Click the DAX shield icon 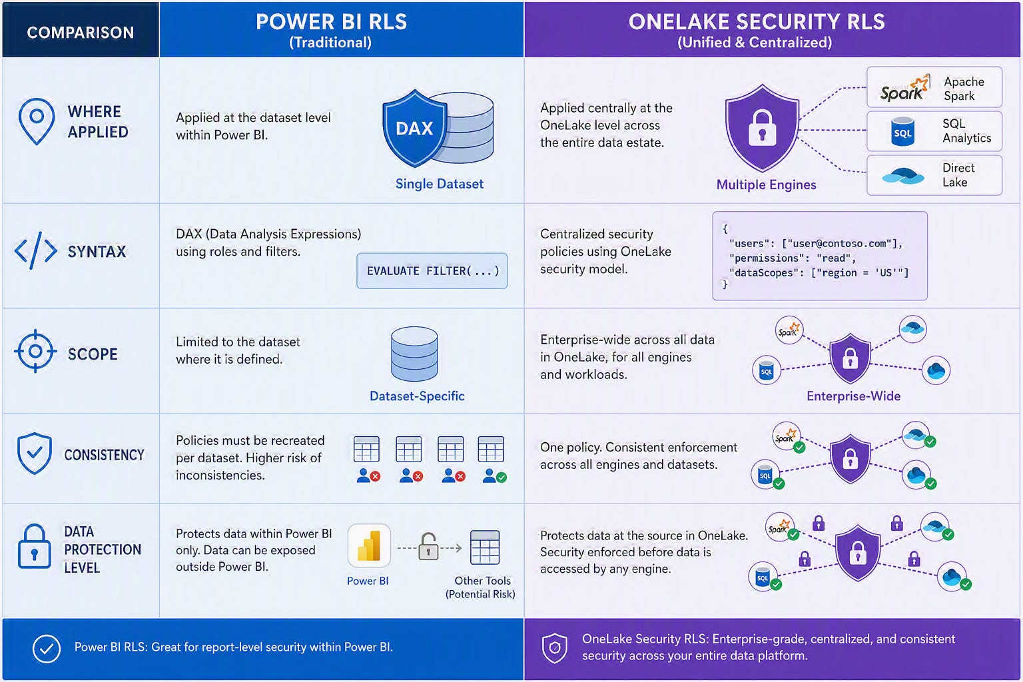tap(415, 128)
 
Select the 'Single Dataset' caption tap(440, 184)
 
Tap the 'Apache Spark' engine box tap(934, 87)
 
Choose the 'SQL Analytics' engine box tap(934, 131)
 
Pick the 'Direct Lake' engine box tap(934, 175)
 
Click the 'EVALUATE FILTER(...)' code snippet tap(432, 271)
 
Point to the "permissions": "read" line tap(793, 258)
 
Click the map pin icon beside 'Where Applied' tap(37, 121)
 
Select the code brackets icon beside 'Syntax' tap(35, 250)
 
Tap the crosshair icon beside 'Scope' tap(35, 351)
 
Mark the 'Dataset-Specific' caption tap(417, 396)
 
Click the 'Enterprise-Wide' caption tap(854, 396)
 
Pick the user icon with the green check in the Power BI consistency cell tap(495, 476)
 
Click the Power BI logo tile tap(369, 545)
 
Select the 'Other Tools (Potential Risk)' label tap(480, 587)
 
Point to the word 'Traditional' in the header tap(330, 43)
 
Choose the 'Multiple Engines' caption tap(766, 184)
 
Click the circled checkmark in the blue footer tap(47, 649)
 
